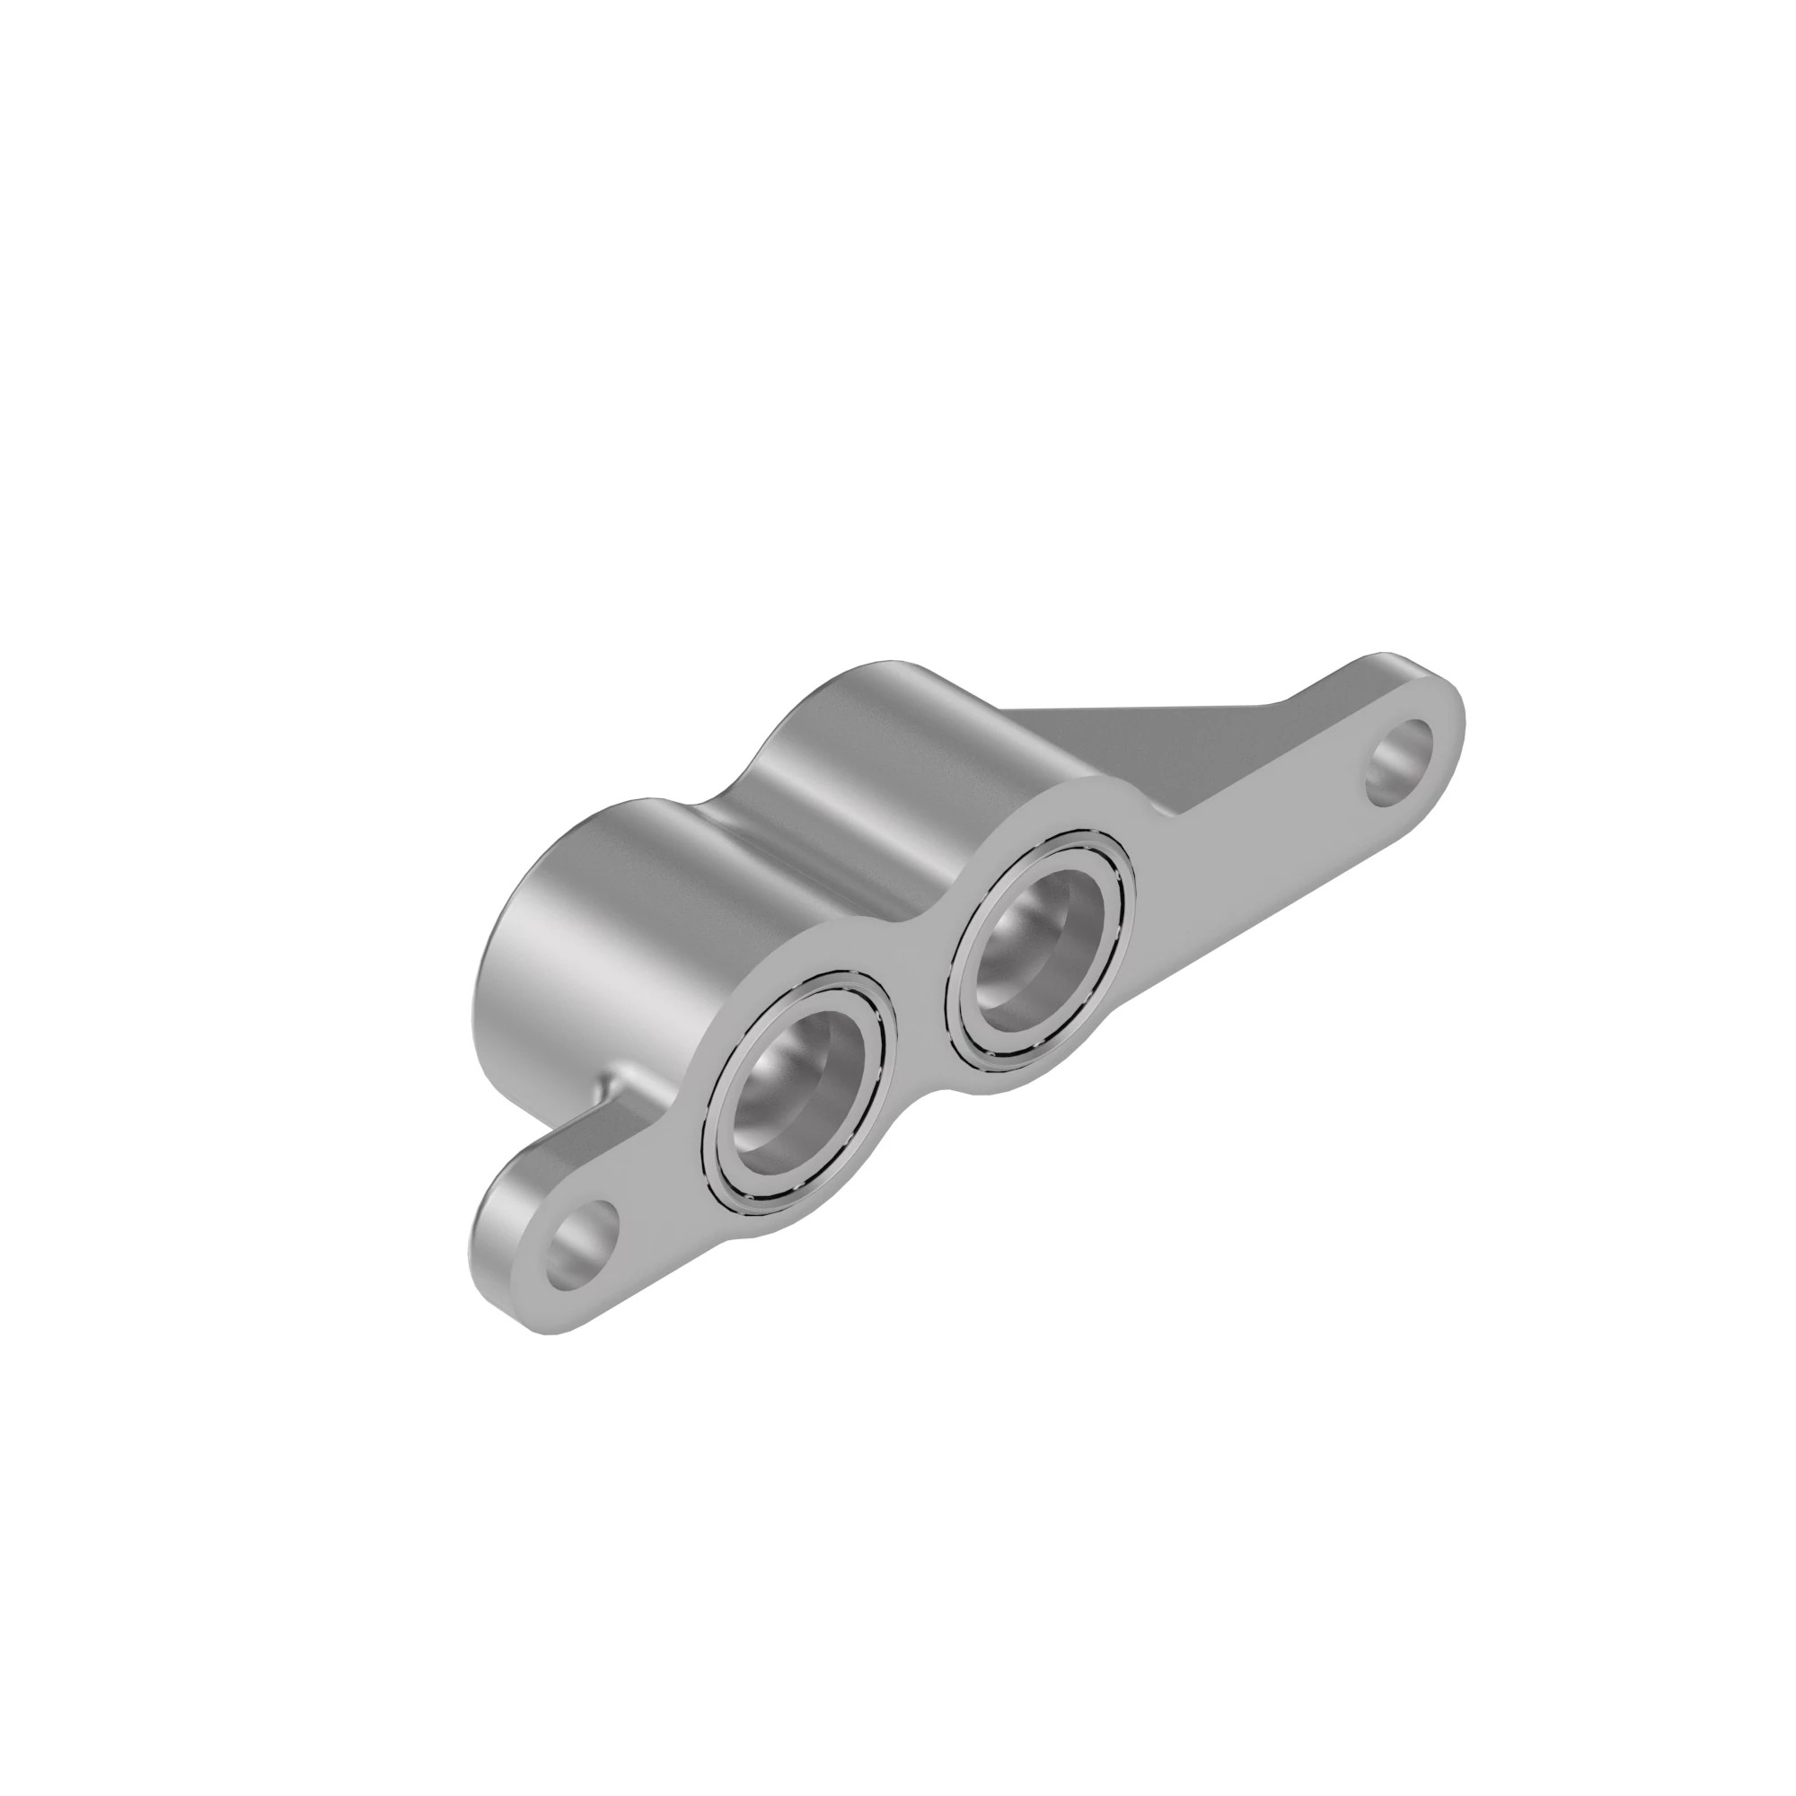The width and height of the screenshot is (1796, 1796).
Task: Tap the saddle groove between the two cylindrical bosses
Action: [735, 818]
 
